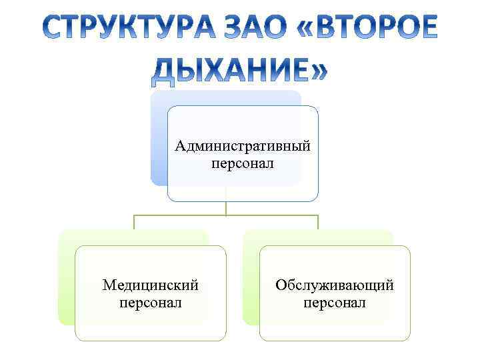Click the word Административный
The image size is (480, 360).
(x=243, y=145)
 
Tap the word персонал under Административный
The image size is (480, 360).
(x=243, y=163)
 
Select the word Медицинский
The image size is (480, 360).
(x=151, y=285)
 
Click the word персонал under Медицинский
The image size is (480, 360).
(x=151, y=303)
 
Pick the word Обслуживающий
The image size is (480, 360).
(x=335, y=285)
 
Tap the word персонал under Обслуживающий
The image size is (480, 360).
(x=335, y=303)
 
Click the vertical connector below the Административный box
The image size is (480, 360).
(x=226, y=208)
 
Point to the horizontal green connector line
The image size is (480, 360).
(x=180, y=215)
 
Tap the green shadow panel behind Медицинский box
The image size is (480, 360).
(x=66, y=280)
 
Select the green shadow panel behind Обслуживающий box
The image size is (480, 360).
(x=251, y=280)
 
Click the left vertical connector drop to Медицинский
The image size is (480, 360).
(x=134, y=223)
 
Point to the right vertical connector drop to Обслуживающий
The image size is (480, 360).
(x=318, y=223)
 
